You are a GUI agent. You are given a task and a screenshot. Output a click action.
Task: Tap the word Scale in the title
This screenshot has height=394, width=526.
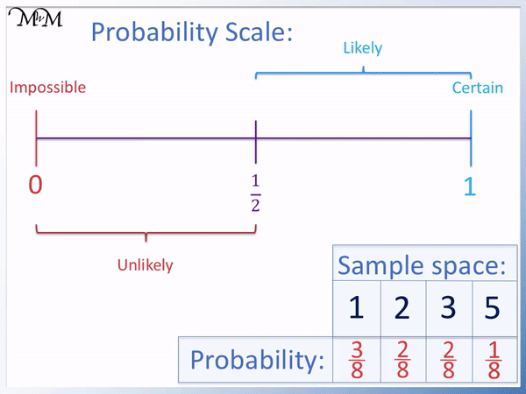[254, 33]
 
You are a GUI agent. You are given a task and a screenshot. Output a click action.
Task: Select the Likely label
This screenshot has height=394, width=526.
[363, 48]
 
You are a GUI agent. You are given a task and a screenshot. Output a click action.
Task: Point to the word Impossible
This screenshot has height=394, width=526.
[47, 88]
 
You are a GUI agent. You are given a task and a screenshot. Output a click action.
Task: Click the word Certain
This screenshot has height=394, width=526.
[478, 88]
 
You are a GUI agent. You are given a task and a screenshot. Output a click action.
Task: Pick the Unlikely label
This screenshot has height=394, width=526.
[146, 265]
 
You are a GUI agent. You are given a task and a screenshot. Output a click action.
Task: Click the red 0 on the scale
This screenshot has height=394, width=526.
[36, 186]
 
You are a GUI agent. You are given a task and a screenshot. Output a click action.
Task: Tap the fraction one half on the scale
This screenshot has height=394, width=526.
[255, 192]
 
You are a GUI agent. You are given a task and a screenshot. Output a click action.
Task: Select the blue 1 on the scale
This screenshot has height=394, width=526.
[470, 186]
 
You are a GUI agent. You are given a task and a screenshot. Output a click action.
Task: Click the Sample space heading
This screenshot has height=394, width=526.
[423, 264]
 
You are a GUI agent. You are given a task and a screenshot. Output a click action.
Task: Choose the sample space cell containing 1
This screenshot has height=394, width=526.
[356, 308]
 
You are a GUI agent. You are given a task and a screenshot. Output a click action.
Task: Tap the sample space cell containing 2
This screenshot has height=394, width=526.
[402, 308]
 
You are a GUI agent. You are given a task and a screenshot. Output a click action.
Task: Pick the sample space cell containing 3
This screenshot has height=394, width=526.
[449, 308]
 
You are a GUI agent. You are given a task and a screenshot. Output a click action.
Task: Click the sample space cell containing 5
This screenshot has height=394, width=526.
[494, 308]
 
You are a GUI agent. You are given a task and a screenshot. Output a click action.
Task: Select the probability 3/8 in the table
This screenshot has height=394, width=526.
[356, 359]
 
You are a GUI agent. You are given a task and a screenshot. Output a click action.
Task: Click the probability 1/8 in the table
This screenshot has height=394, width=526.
[494, 359]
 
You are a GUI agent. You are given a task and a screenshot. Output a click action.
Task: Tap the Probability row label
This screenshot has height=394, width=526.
[257, 360]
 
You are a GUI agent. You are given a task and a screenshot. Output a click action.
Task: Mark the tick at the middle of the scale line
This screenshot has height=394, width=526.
[255, 138]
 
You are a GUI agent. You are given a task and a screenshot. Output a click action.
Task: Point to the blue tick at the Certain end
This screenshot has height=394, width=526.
[471, 138]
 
